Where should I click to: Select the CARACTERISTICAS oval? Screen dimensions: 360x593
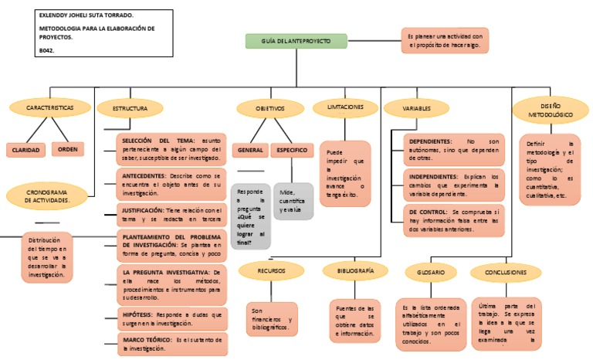click(x=50, y=108)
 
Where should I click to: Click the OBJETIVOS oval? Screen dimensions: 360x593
click(x=270, y=109)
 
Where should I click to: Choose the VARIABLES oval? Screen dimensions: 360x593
click(x=417, y=109)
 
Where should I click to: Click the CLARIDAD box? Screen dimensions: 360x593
click(x=25, y=149)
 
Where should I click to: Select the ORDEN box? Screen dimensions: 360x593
click(x=69, y=148)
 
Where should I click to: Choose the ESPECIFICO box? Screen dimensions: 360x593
click(x=292, y=149)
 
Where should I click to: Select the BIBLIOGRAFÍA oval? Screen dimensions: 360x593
click(x=356, y=271)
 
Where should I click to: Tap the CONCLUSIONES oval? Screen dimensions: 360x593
click(x=507, y=273)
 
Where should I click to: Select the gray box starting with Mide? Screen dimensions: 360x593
click(x=293, y=202)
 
